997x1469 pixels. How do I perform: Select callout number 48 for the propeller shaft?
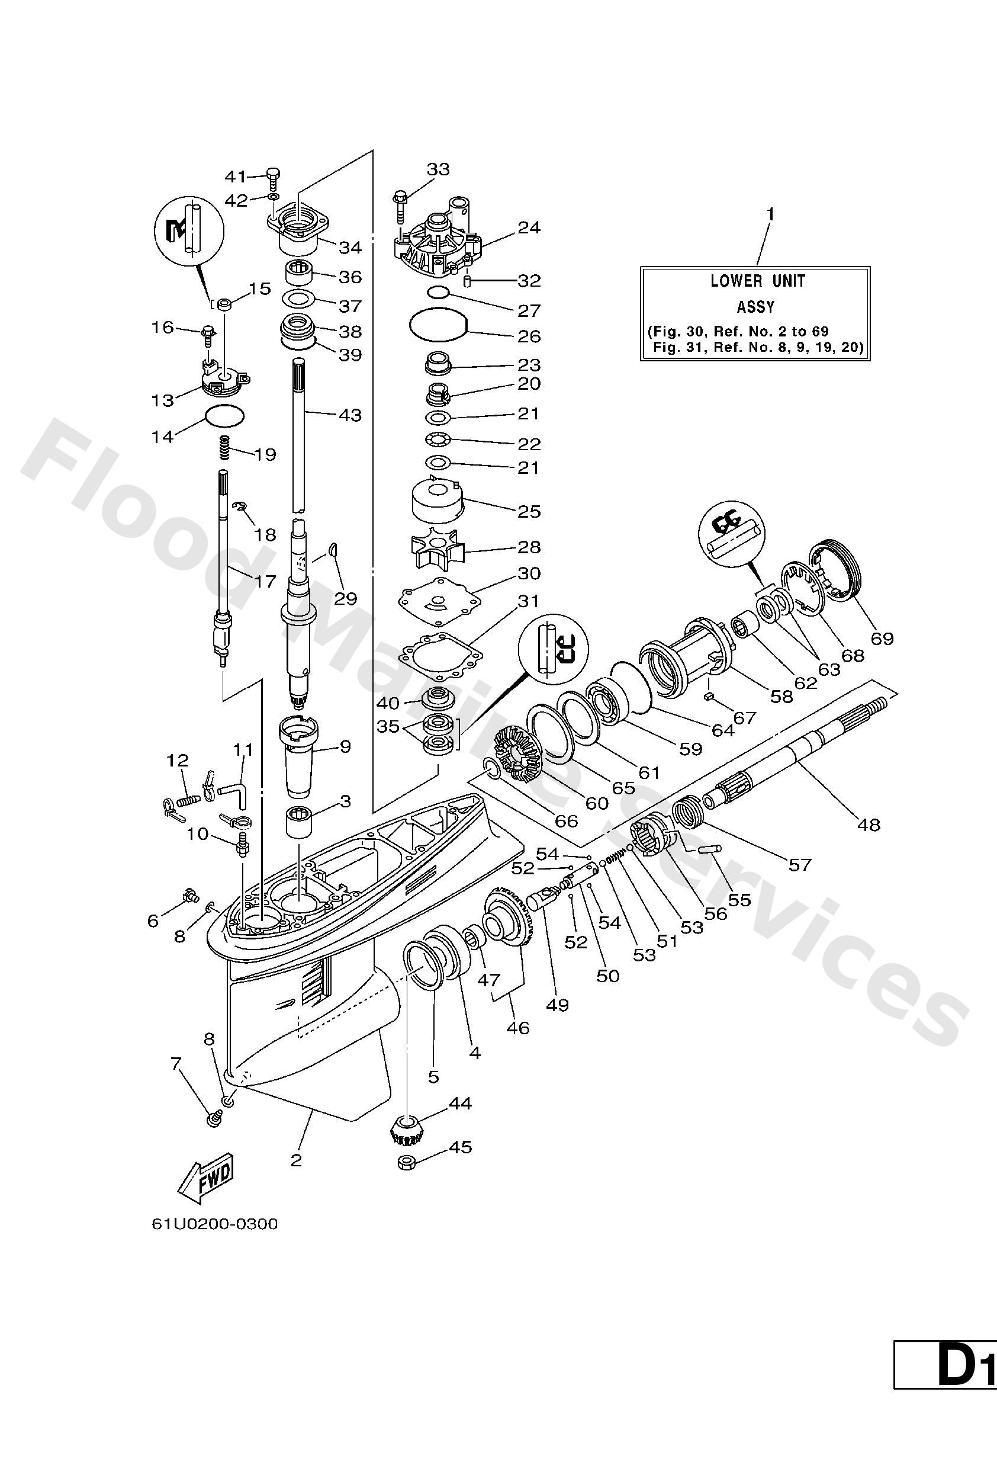(869, 825)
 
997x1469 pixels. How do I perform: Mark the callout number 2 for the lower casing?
(295, 1160)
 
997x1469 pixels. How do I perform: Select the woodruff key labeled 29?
(335, 552)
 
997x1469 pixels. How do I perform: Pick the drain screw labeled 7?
(213, 1119)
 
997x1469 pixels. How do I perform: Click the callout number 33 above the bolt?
(438, 169)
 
